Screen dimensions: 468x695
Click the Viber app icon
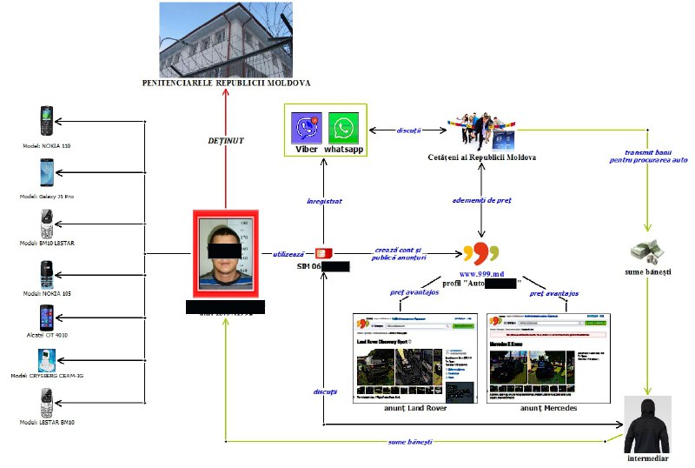(306, 127)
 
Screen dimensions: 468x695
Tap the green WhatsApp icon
(343, 127)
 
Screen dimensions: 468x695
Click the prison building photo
(225, 38)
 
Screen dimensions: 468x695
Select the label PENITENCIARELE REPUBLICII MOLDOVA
(226, 84)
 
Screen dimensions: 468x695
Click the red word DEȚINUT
(225, 139)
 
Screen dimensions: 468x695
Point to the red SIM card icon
(323, 252)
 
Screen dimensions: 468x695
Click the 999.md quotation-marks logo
(481, 253)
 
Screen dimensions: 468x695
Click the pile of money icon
(647, 251)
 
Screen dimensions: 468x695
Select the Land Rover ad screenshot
(414, 357)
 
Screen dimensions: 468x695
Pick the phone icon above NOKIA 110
(46, 121)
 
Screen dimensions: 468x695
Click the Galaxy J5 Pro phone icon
(46, 170)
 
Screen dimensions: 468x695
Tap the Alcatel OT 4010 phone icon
(46, 318)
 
